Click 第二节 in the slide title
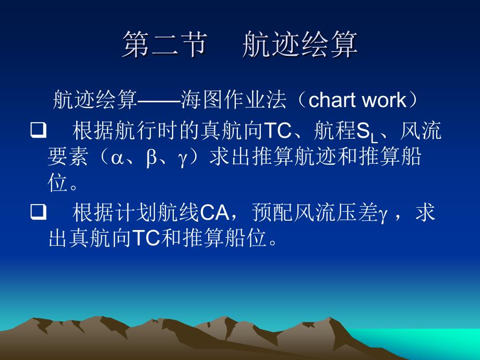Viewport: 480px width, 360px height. point(165,44)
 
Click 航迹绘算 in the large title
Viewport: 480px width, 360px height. point(300,44)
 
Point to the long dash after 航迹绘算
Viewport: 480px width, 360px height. point(159,100)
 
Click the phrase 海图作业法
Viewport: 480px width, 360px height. point(233,100)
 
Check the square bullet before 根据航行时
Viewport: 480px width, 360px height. point(38,130)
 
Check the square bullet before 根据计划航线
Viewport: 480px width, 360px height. point(38,212)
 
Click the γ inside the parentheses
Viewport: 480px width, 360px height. point(183,160)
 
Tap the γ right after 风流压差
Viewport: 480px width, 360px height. point(382,214)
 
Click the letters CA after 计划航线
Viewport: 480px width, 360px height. point(214,212)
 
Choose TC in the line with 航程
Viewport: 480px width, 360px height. point(278,131)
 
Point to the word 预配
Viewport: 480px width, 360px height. point(272,212)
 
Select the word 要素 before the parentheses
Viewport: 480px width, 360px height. point(68,157)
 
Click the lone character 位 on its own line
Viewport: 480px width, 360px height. point(57,183)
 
